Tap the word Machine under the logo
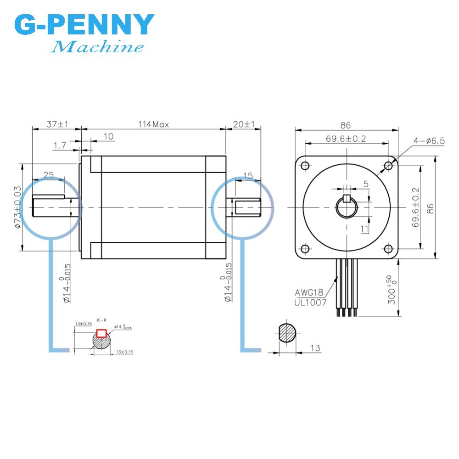[x=97, y=47]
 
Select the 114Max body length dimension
[x=154, y=124]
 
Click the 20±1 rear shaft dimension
[x=244, y=124]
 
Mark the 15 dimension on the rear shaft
[x=248, y=175]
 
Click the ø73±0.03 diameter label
[x=18, y=207]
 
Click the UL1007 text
[x=311, y=302]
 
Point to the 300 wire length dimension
[x=390, y=290]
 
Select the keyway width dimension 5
[x=365, y=184]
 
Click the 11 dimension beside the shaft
[x=365, y=228]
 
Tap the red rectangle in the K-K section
[x=101, y=333]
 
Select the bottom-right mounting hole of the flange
[x=388, y=249]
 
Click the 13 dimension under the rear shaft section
[x=315, y=348]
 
